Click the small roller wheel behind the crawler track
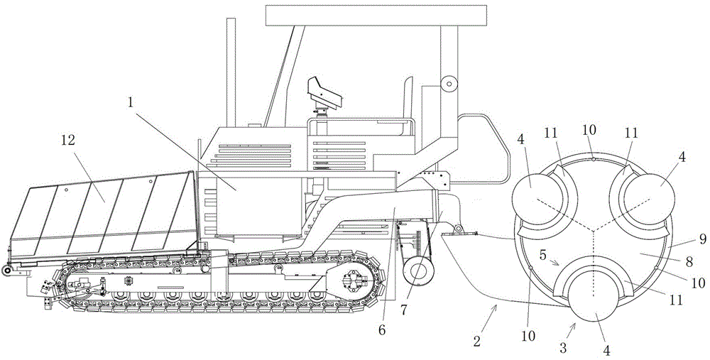(x=417, y=273)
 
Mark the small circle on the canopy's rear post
(x=448, y=84)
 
